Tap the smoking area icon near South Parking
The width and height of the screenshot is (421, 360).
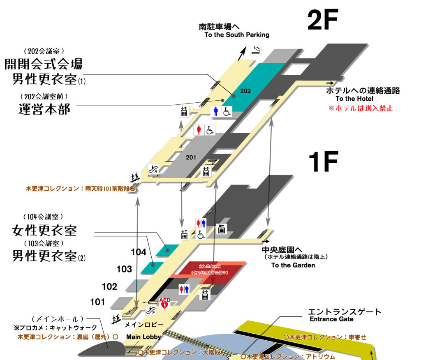tap(256, 51)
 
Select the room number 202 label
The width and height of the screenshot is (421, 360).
tap(246, 91)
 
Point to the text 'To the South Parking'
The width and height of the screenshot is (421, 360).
tap(237, 35)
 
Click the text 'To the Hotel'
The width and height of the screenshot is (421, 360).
tap(354, 99)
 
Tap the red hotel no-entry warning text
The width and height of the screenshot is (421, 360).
tap(361, 108)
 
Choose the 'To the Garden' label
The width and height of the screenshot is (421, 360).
tap(293, 265)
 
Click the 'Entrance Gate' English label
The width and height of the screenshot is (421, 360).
tap(331, 319)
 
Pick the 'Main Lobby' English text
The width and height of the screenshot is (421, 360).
tap(143, 337)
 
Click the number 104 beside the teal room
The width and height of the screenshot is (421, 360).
tap(139, 252)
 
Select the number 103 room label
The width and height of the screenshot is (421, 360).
tap(124, 269)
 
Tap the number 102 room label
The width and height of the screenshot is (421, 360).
tap(109, 286)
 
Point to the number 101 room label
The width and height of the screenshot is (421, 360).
tap(97, 302)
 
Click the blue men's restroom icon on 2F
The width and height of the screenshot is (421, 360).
tap(216, 111)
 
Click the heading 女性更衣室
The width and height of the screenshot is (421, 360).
tap(44, 230)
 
